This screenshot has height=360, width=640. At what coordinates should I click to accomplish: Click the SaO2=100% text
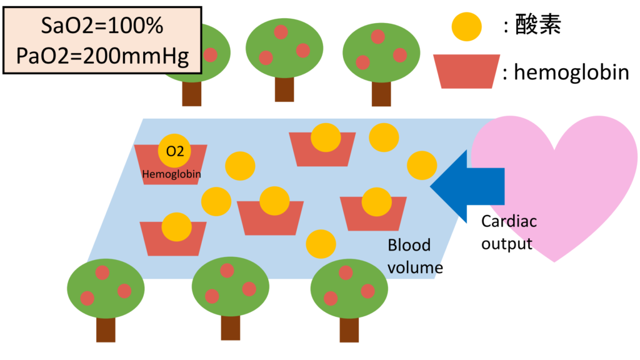pyautogui.click(x=101, y=26)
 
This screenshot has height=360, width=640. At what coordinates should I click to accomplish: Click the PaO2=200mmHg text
pyautogui.click(x=101, y=54)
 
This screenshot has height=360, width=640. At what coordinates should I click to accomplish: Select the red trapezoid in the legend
pyautogui.click(x=467, y=71)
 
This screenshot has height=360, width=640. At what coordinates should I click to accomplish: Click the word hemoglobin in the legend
pyautogui.click(x=571, y=73)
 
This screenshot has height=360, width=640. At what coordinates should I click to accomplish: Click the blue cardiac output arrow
pyautogui.click(x=469, y=186)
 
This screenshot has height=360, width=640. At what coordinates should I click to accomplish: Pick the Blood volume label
pyautogui.click(x=410, y=256)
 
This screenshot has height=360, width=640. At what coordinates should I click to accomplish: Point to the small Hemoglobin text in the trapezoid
pyautogui.click(x=171, y=175)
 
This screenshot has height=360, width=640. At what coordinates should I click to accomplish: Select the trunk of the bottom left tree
pyautogui.click(x=106, y=329)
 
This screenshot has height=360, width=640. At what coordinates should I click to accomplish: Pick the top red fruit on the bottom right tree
pyautogui.click(x=345, y=272)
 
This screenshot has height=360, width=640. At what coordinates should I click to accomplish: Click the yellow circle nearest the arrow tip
pyautogui.click(x=422, y=166)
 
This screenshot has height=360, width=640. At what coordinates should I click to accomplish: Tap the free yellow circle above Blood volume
pyautogui.click(x=321, y=244)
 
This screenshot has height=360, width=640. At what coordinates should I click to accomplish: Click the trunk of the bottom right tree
pyautogui.click(x=349, y=329)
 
